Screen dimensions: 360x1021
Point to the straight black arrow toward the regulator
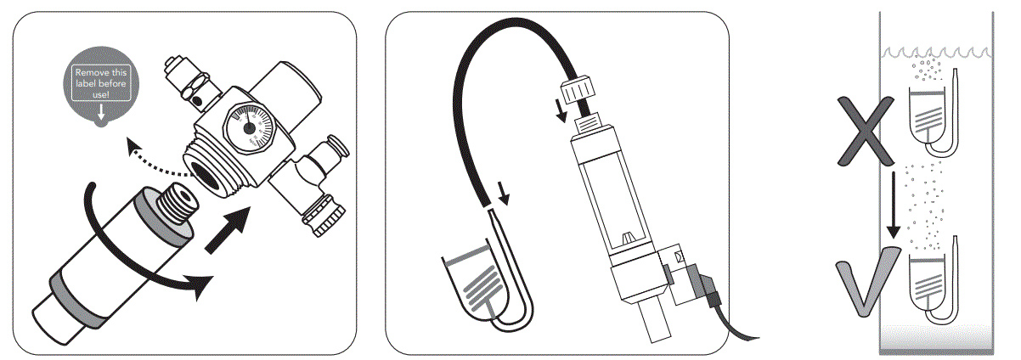point(230,228)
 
